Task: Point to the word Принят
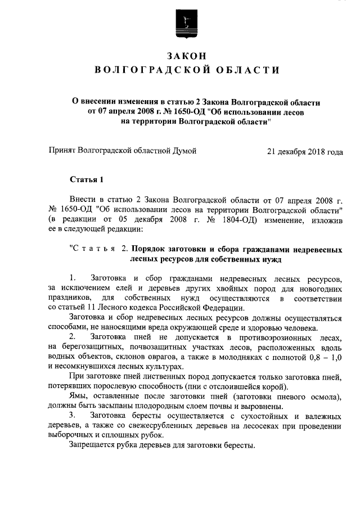[x=61, y=151]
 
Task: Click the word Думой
[x=183, y=151]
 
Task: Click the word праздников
[x=69, y=297]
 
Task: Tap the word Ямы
[x=79, y=396]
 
